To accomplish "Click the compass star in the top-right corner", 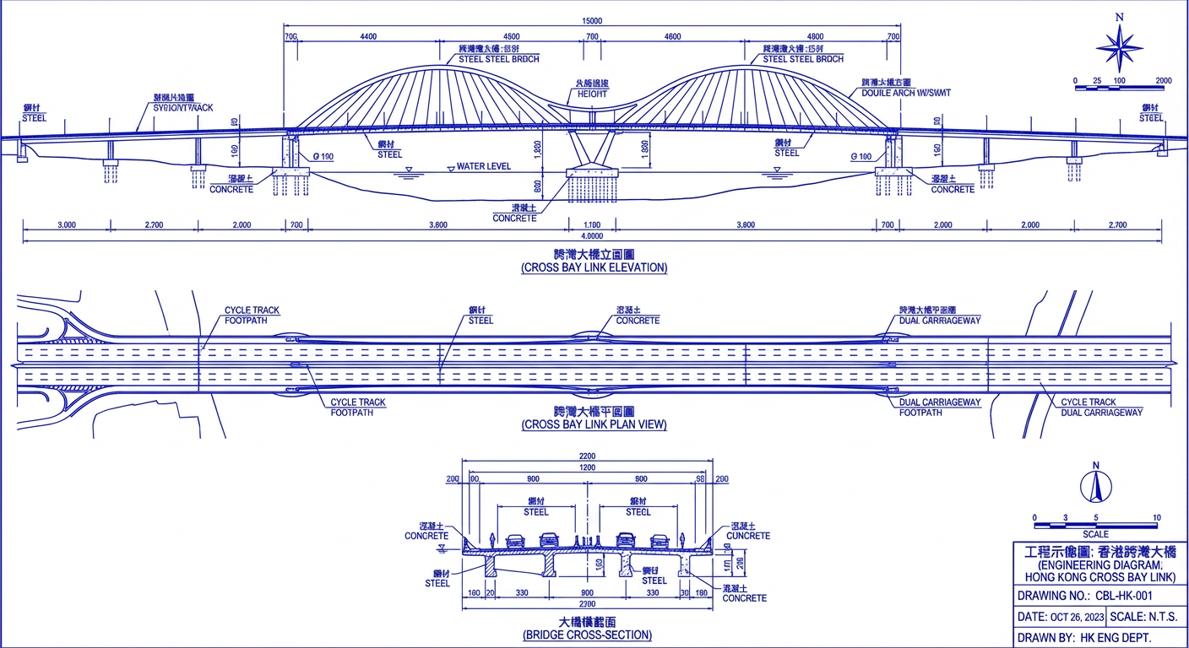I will click(1120, 47).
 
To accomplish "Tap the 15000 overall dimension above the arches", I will click(592, 20).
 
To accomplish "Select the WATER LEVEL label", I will click(483, 167).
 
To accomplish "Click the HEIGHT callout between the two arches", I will click(592, 94).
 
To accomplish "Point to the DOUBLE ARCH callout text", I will click(905, 93).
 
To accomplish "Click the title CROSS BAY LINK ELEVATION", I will click(594, 267).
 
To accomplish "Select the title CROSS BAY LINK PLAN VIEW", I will click(594, 424).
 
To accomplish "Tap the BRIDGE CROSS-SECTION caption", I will click(588, 634).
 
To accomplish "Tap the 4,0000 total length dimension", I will click(594, 236).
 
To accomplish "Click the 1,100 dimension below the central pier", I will click(592, 225).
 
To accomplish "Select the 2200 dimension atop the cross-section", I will click(586, 456).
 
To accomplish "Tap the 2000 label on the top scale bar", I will click(1163, 81).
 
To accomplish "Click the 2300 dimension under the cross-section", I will click(586, 604).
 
